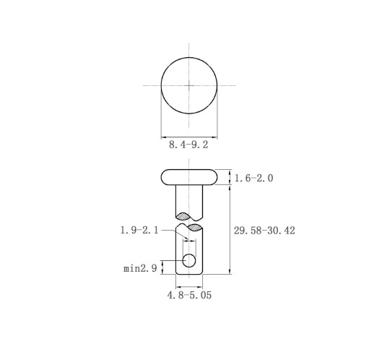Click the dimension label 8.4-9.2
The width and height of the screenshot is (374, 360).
pos(188,145)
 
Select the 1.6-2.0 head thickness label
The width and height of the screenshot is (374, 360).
pos(253,179)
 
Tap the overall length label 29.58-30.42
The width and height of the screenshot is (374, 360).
pos(264,231)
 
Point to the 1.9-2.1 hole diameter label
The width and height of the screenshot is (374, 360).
pos(139,230)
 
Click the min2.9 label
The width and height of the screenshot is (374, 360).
pos(140,268)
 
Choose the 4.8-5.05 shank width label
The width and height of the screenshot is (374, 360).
pos(189,295)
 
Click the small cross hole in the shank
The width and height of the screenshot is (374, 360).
pos(189,260)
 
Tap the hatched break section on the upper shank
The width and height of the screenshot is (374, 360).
pos(183,216)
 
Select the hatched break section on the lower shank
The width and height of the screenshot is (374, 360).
pos(195,227)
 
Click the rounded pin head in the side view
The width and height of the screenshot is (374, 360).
pos(189,177)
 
